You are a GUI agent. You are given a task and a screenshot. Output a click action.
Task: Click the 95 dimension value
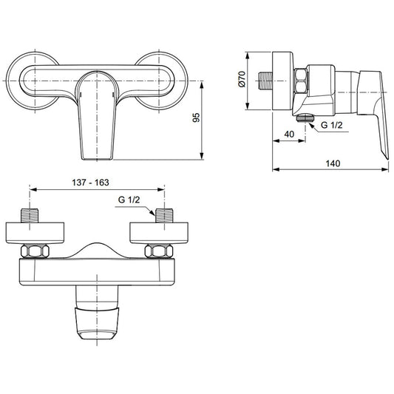(196, 118)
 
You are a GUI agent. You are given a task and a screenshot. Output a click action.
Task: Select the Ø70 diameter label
(242, 79)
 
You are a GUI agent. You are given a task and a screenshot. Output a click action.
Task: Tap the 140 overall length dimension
(333, 163)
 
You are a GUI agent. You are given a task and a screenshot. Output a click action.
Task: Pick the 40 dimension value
(289, 135)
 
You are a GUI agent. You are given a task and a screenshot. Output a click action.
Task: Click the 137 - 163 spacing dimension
(90, 183)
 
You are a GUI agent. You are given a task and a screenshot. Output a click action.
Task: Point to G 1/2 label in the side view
(332, 125)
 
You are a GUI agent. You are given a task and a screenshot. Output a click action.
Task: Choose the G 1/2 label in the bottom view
(129, 200)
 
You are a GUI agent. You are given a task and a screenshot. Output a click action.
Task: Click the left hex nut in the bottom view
(35, 251)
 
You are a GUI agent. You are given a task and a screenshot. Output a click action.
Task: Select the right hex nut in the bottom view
(159, 251)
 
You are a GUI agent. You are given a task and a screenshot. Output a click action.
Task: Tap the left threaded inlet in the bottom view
(30, 216)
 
